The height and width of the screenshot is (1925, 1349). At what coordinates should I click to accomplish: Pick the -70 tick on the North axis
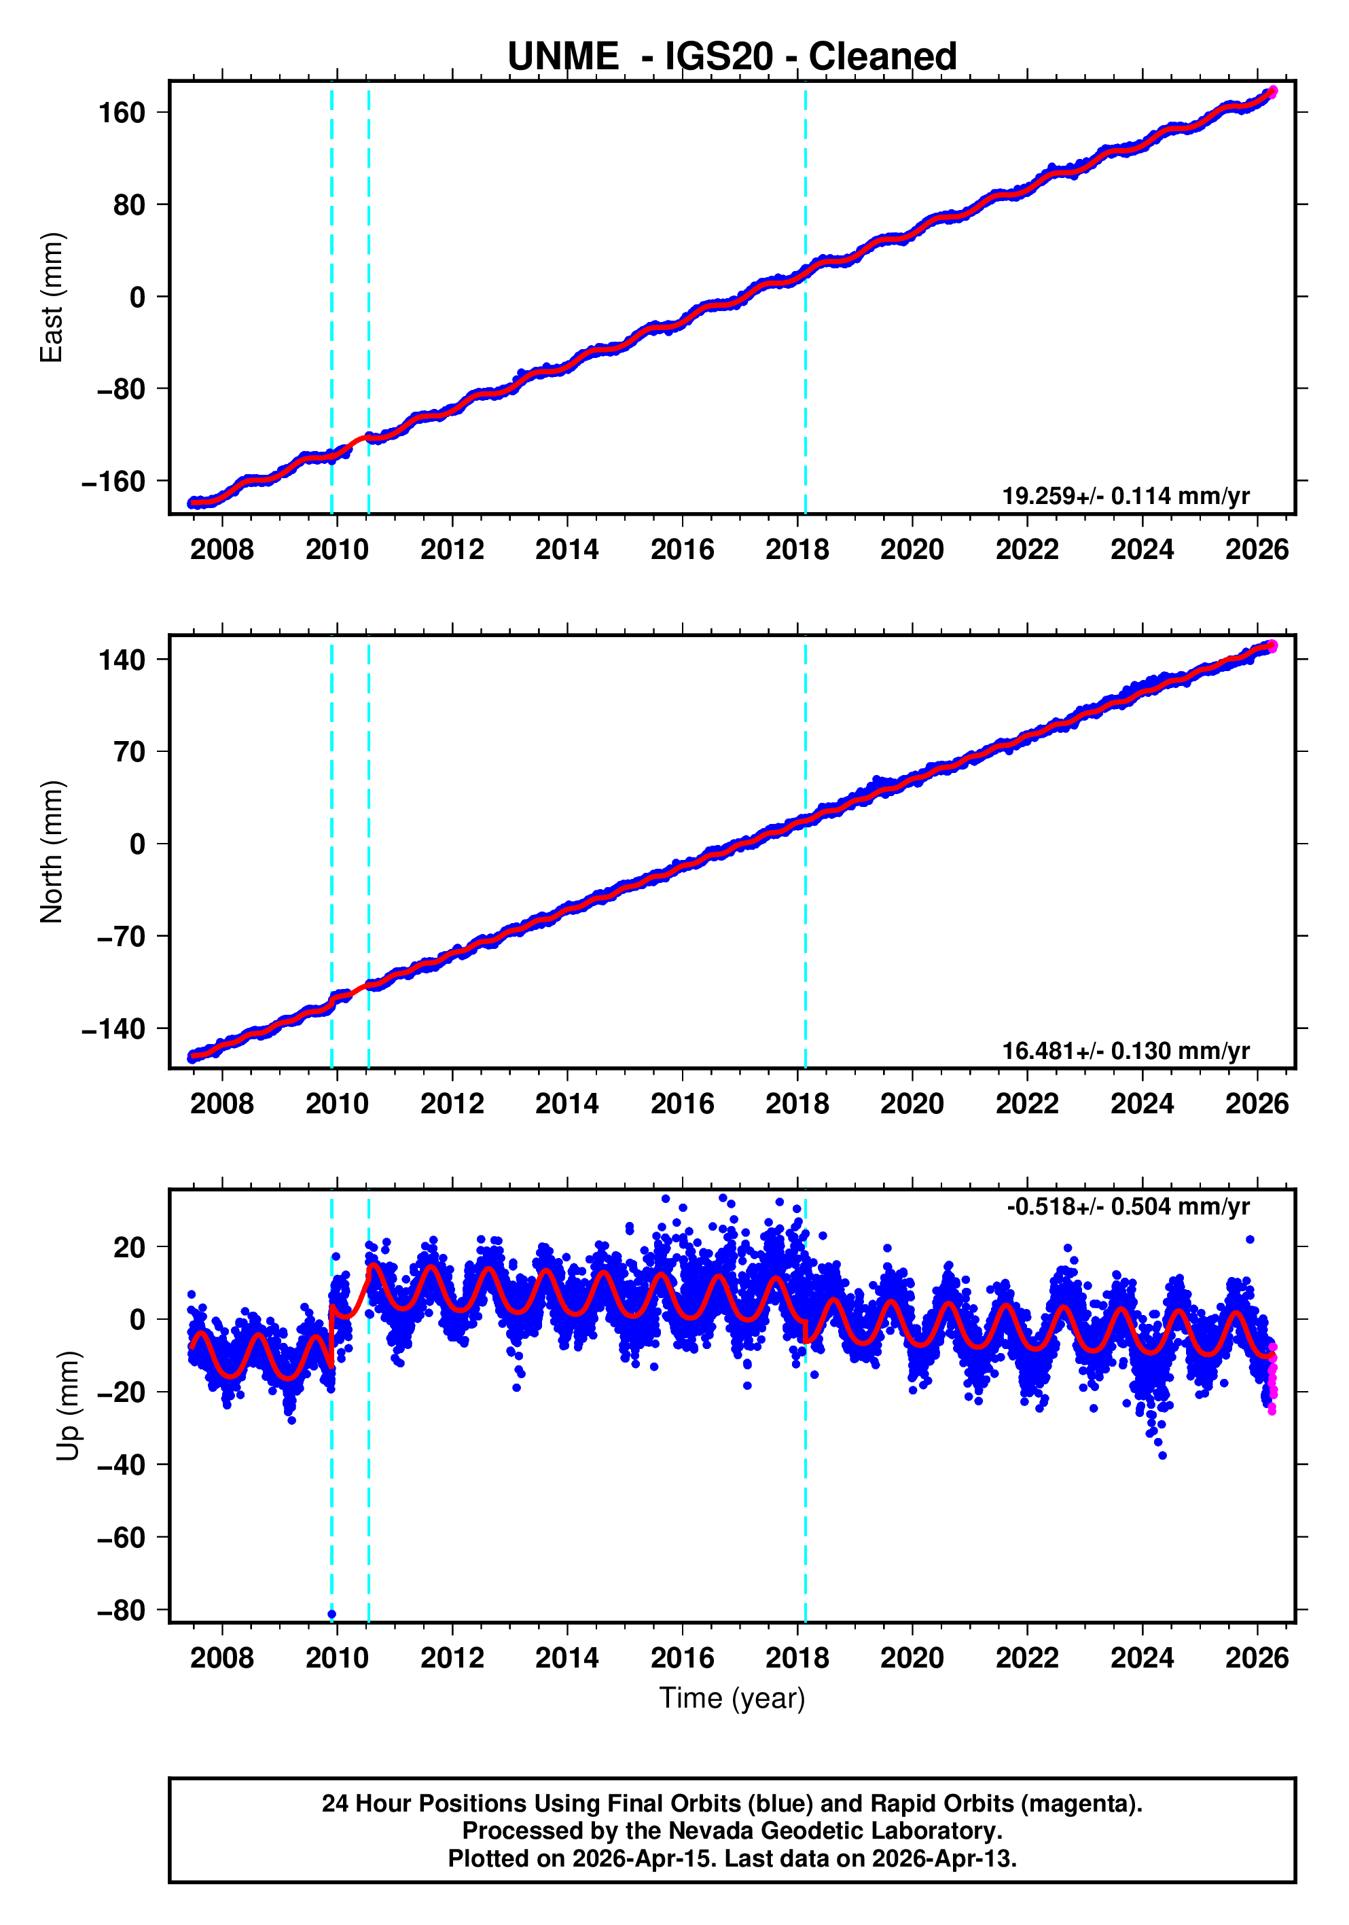coord(121,937)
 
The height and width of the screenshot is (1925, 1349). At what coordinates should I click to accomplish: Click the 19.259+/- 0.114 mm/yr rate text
coord(1125,497)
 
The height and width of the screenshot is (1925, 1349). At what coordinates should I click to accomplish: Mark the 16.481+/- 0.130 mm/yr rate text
coord(1125,1051)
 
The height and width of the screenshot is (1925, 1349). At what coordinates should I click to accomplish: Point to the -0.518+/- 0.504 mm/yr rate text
coord(1128,1206)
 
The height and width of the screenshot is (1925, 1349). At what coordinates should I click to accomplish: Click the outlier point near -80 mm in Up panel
coord(332,1614)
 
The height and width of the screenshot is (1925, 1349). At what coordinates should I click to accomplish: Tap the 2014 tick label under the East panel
coord(566,550)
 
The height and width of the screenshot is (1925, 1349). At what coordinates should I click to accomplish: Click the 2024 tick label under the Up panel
coord(1142,1658)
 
